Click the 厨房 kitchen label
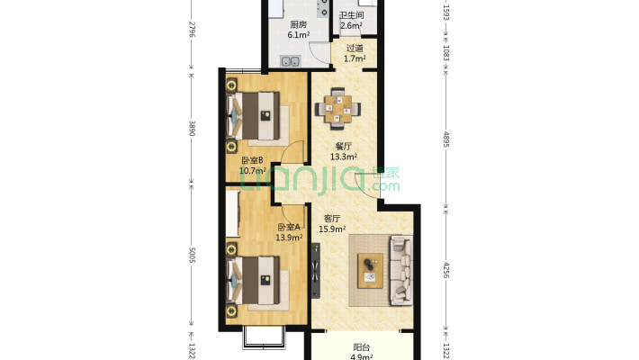(299, 24)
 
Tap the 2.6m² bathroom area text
(351, 26)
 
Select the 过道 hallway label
(355, 48)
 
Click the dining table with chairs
(337, 109)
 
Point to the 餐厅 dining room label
(344, 146)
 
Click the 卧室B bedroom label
(252, 160)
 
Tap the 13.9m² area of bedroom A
(289, 238)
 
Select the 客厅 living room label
(332, 219)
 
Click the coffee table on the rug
(371, 270)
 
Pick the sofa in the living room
(401, 270)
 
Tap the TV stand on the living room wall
(316, 271)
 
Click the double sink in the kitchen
(291, 61)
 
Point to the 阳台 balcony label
(362, 347)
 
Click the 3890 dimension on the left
(192, 128)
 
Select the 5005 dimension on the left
(192, 255)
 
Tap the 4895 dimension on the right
(445, 139)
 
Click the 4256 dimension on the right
(445, 270)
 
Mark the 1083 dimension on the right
(445, 53)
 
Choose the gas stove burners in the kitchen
(323, 8)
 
